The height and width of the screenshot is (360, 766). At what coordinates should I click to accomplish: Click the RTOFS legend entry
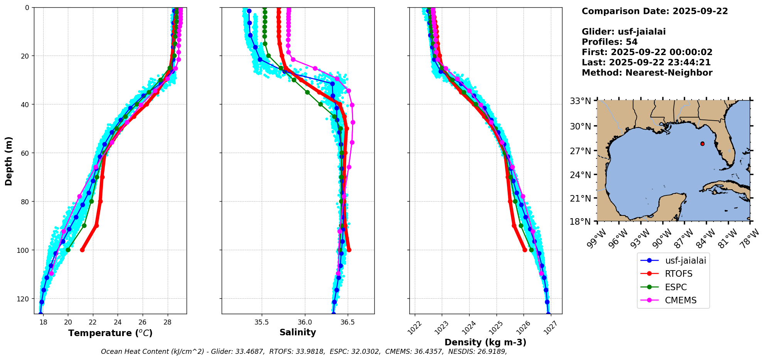click(x=678, y=274)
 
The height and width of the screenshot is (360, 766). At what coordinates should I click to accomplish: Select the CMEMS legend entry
click(x=680, y=300)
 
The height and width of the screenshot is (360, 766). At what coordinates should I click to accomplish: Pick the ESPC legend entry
click(x=676, y=287)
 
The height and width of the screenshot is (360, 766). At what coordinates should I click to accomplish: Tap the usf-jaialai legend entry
click(x=685, y=261)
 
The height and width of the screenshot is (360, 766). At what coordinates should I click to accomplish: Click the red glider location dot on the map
click(x=702, y=144)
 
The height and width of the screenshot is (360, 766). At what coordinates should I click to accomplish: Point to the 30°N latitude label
click(x=581, y=126)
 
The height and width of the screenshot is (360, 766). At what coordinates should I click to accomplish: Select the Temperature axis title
click(x=110, y=333)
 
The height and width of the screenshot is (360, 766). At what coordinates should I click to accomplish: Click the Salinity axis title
click(x=298, y=332)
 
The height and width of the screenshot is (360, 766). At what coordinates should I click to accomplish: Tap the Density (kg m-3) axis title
click(x=485, y=342)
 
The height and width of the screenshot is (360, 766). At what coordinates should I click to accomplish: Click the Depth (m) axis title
click(x=9, y=161)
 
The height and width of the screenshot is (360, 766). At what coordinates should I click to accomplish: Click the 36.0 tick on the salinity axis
click(x=305, y=322)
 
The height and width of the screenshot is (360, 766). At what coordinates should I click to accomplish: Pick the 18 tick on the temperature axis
click(x=43, y=322)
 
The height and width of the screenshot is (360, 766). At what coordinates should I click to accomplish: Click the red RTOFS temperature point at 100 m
click(x=82, y=250)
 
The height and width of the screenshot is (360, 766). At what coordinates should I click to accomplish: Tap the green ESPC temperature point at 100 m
click(x=68, y=250)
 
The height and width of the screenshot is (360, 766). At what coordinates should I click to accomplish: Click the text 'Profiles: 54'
click(x=609, y=42)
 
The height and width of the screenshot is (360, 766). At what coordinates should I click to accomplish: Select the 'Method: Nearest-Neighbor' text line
click(x=647, y=72)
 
